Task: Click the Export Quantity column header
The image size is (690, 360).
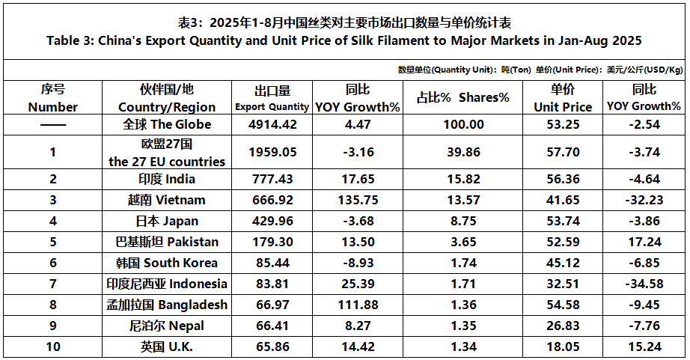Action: (272, 98)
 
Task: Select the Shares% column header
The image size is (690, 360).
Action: (462, 98)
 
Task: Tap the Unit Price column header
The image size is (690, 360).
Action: (562, 98)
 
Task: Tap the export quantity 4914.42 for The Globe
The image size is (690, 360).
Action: (272, 124)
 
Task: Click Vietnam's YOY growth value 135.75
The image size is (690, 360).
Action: (357, 200)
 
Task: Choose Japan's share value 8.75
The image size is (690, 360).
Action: (462, 221)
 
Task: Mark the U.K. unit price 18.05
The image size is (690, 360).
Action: (562, 347)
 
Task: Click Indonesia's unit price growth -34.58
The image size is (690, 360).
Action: (644, 284)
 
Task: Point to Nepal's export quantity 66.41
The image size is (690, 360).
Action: (272, 326)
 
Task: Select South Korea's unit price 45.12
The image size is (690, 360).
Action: (562, 263)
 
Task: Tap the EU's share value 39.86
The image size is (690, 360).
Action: (462, 152)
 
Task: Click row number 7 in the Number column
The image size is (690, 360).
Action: (53, 284)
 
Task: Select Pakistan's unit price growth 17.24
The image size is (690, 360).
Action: (644, 242)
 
